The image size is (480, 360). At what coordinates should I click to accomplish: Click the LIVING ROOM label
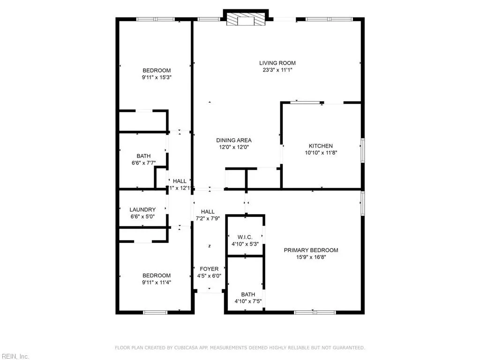(277, 63)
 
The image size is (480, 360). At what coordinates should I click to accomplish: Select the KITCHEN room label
(321, 146)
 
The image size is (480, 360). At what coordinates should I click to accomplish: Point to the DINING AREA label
(233, 140)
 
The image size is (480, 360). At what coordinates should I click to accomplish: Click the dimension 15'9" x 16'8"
(311, 257)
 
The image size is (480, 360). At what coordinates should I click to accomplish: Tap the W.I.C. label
(245, 237)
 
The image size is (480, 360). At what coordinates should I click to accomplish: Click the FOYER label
(209, 269)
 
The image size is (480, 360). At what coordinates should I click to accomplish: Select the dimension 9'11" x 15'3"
(157, 77)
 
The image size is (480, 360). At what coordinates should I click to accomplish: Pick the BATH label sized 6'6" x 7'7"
(143, 156)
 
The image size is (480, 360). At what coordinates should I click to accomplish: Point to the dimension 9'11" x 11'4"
(157, 282)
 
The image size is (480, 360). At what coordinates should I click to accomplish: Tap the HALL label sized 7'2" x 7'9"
(208, 212)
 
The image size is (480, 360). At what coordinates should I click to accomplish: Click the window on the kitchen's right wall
(362, 151)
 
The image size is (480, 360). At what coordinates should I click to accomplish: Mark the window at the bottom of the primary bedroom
(314, 312)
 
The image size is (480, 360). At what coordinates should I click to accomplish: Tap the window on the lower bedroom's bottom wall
(155, 312)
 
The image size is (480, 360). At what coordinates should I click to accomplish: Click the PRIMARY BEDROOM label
(311, 250)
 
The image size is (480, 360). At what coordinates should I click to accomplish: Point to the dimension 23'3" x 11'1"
(277, 70)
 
